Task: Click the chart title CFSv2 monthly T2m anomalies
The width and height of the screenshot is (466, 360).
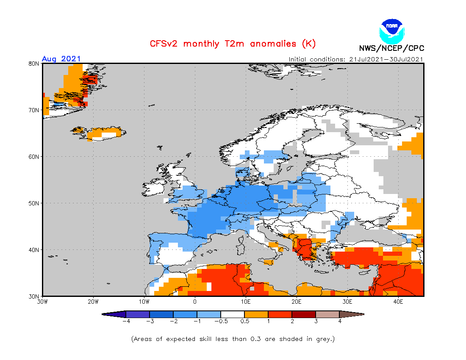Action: pyautogui.click(x=233, y=44)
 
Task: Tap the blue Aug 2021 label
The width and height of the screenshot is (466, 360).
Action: pyautogui.click(x=61, y=59)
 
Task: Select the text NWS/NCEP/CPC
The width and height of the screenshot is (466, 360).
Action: pyautogui.click(x=391, y=48)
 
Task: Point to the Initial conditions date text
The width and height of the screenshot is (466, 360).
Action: pyautogui.click(x=356, y=59)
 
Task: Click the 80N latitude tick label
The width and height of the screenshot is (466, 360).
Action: pyautogui.click(x=34, y=64)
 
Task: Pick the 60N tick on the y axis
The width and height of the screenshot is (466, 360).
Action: pyautogui.click(x=34, y=157)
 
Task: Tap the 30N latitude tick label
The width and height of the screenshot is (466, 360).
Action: pyautogui.click(x=34, y=296)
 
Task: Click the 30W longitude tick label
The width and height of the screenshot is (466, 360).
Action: pyautogui.click(x=42, y=302)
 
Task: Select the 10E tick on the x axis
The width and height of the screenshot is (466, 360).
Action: pyautogui.click(x=246, y=302)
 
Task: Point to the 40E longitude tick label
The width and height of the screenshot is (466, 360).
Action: pyautogui.click(x=398, y=302)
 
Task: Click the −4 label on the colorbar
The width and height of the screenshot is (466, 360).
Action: pyautogui.click(x=125, y=321)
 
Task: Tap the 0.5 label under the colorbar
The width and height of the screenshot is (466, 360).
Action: pyautogui.click(x=244, y=321)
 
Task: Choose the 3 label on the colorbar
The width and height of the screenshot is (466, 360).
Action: pyautogui.click(x=316, y=321)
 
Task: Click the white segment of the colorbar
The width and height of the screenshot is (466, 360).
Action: pyautogui.click(x=233, y=314)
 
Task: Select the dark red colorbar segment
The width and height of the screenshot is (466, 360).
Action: pyautogui.click(x=304, y=314)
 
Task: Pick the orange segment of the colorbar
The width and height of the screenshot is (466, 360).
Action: pyautogui.click(x=256, y=314)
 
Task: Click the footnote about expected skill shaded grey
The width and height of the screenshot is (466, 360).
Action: pyautogui.click(x=233, y=339)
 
